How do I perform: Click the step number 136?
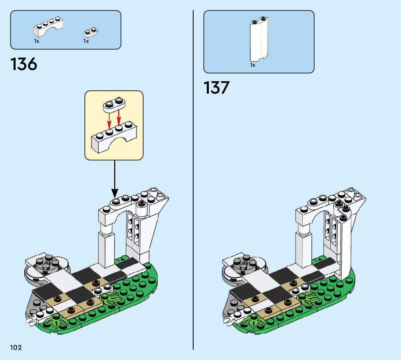tap(24, 65)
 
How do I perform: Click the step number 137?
tap(217, 88)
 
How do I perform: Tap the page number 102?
tap(16, 348)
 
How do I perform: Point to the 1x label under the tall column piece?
tap(253, 65)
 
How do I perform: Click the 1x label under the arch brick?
tap(37, 41)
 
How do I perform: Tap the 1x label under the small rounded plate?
tap(86, 41)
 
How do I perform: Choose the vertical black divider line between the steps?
tap(193, 181)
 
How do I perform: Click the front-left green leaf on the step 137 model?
tap(254, 322)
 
